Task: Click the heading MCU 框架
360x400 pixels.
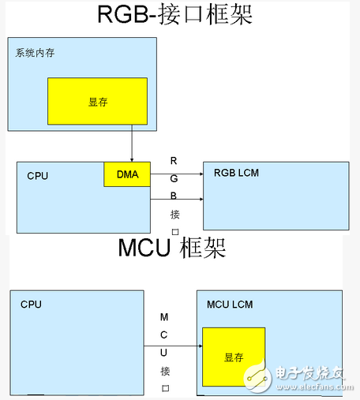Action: tap(171, 248)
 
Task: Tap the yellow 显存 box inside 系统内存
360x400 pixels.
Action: tap(97, 103)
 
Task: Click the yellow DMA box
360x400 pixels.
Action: tap(126, 174)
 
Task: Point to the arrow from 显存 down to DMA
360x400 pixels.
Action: tap(131, 145)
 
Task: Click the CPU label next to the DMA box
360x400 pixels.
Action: tap(37, 175)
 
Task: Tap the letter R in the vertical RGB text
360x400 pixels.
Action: tap(174, 160)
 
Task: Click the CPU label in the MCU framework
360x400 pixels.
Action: tap(31, 304)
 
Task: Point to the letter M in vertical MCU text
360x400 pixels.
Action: tap(163, 316)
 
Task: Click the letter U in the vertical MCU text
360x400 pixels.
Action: tap(163, 353)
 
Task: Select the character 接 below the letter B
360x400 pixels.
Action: tap(174, 214)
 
